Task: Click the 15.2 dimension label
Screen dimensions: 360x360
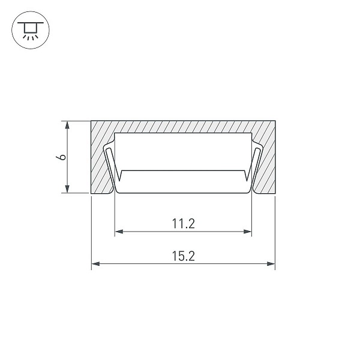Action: pos(184,256)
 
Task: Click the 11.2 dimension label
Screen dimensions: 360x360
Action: pos(184,224)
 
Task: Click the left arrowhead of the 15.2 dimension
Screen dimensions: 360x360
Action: pos(96,264)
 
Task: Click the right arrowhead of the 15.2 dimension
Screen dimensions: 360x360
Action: pos(271,264)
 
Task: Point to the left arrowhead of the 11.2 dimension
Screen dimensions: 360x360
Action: pos(119,232)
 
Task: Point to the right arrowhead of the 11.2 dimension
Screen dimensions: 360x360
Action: pos(247,232)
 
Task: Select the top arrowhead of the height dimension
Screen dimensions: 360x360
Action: pos(67,125)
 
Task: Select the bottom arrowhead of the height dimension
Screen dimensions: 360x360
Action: pos(67,189)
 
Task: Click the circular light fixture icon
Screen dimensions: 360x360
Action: pos(31,30)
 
